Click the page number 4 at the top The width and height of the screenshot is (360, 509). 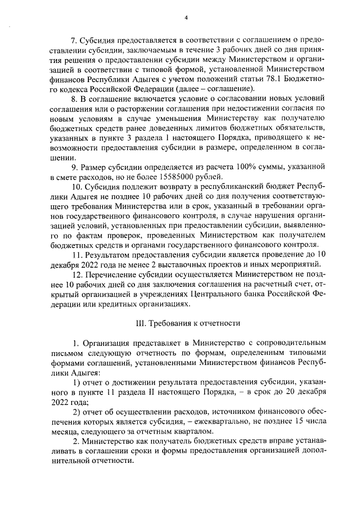[185, 17]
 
